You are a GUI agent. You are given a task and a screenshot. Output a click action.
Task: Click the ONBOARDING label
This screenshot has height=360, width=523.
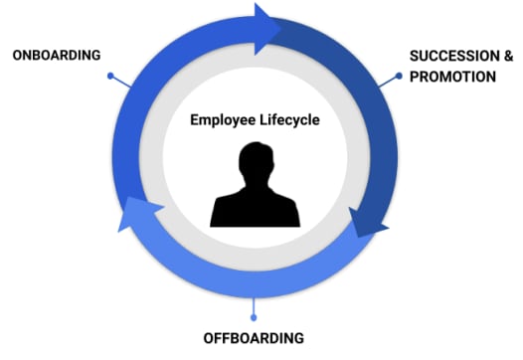[56, 54]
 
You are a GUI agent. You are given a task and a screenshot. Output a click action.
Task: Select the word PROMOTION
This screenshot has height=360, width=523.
[451, 76]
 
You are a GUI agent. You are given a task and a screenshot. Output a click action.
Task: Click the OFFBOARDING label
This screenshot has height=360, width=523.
[254, 336]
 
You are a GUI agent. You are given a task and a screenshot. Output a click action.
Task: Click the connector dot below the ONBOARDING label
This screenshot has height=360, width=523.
[109, 76]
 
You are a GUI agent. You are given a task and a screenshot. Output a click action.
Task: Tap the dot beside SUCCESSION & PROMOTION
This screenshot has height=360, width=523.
[399, 76]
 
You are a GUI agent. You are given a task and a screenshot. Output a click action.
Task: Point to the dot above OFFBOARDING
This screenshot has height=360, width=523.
[254, 317]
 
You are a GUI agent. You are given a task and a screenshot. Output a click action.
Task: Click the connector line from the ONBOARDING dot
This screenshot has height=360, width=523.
[121, 83]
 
